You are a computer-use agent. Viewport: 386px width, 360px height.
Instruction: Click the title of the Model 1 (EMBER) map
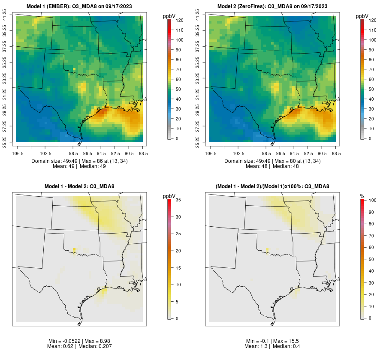click(x=79, y=6)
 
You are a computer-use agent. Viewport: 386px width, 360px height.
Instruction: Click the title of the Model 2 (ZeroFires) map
click(x=272, y=6)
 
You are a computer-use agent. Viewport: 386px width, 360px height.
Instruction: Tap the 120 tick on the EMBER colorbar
click(x=180, y=20)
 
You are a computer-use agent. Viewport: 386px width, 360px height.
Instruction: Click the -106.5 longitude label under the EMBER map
click(x=18, y=153)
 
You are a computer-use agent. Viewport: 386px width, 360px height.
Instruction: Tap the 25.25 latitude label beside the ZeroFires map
click(x=198, y=141)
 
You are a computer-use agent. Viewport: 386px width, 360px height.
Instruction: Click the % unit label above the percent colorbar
click(x=362, y=196)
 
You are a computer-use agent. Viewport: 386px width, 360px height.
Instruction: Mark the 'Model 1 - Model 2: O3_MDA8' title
click(x=79, y=186)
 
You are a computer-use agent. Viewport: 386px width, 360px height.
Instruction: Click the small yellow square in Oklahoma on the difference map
click(x=74, y=249)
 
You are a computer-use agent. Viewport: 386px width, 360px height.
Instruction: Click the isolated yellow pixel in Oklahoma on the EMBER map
click(x=74, y=69)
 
